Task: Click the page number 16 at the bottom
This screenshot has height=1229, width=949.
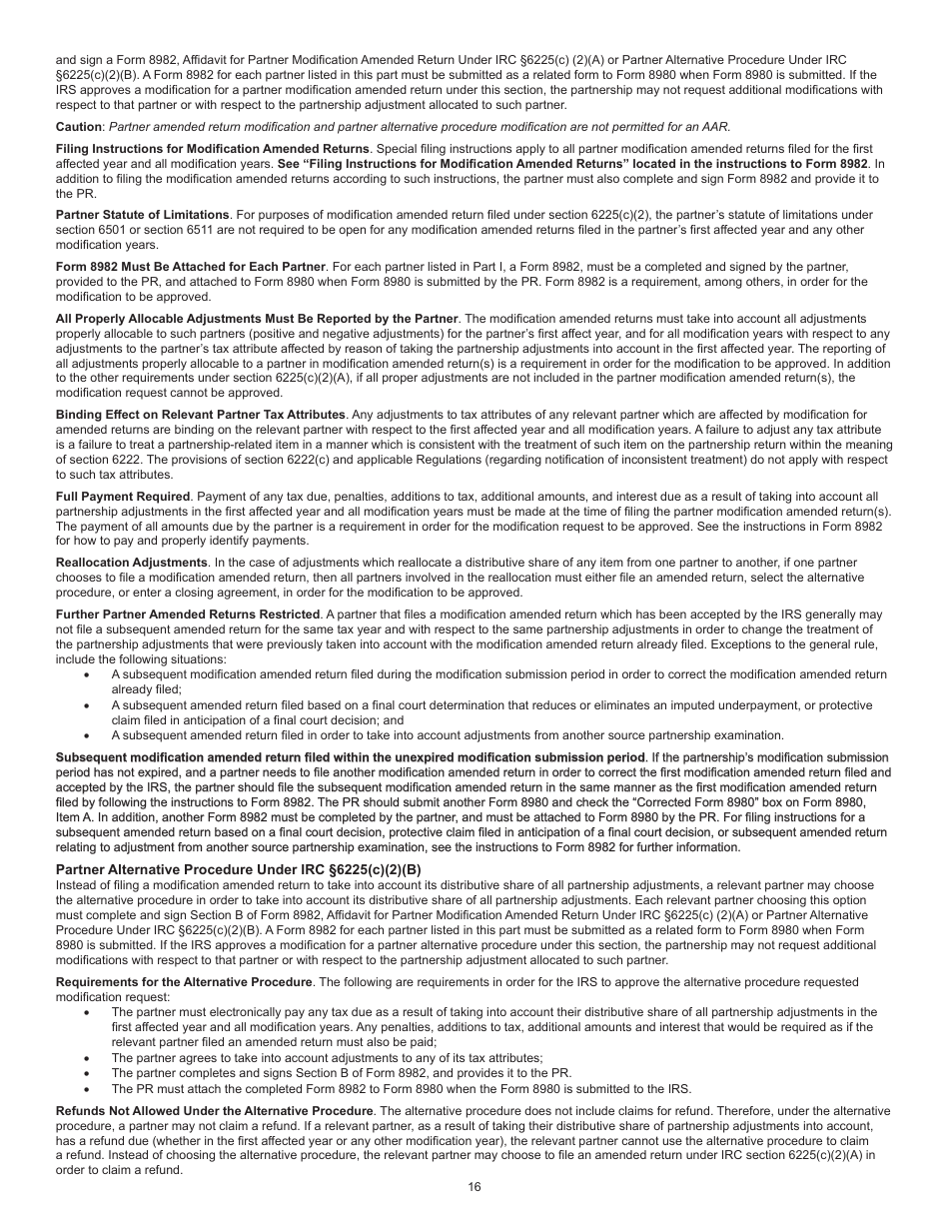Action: pos(474,1187)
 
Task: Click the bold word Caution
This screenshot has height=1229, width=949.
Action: pos(79,127)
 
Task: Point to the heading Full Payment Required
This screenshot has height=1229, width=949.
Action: pos(123,497)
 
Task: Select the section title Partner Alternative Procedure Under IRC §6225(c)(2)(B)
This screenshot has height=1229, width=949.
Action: pos(238,869)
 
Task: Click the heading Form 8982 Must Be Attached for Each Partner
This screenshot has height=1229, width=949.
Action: pos(191,267)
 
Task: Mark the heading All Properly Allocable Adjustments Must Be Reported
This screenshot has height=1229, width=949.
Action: pos(257,319)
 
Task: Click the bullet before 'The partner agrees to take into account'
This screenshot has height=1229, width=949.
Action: pos(88,1058)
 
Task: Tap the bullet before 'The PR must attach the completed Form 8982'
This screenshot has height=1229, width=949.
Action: pos(88,1089)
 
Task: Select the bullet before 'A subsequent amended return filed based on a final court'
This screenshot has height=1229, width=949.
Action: pos(88,705)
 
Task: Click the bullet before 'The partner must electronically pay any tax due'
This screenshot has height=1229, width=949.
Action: pos(88,1012)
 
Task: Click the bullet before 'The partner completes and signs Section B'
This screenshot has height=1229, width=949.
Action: pos(88,1073)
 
